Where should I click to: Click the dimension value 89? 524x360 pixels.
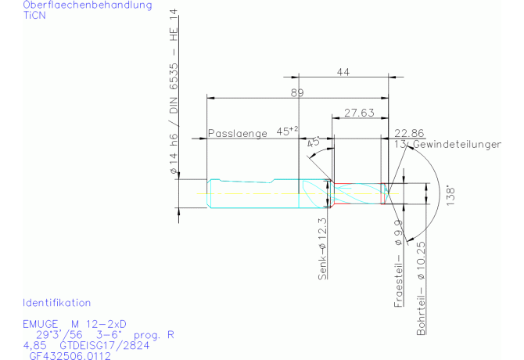(296, 92)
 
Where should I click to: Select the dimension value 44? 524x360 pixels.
(343, 72)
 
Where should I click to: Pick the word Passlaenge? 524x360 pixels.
(239, 133)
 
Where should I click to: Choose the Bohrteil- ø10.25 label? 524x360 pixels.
(421, 290)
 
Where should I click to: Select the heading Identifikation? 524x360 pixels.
(57, 302)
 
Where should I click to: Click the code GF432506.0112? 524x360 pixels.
(70, 355)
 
